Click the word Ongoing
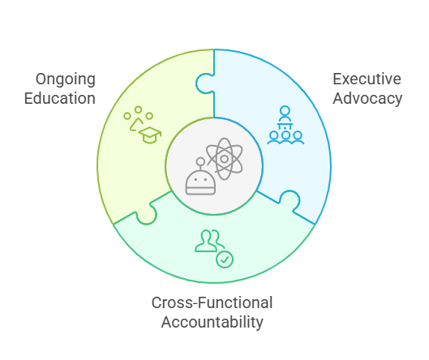[x=66, y=80]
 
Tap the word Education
[x=60, y=98]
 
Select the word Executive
[x=367, y=79]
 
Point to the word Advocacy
[x=367, y=99]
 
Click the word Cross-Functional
[x=212, y=302]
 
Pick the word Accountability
[x=212, y=322]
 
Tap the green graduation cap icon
[x=150, y=135]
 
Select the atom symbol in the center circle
[x=225, y=159]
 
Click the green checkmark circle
[x=225, y=259]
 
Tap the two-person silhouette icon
[x=209, y=241]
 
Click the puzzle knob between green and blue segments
[x=205, y=84]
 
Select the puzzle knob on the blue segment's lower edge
[x=290, y=200]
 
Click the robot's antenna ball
[x=200, y=161]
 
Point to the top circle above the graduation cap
[x=138, y=109]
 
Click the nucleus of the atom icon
[x=225, y=159]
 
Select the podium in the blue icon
[x=285, y=126]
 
